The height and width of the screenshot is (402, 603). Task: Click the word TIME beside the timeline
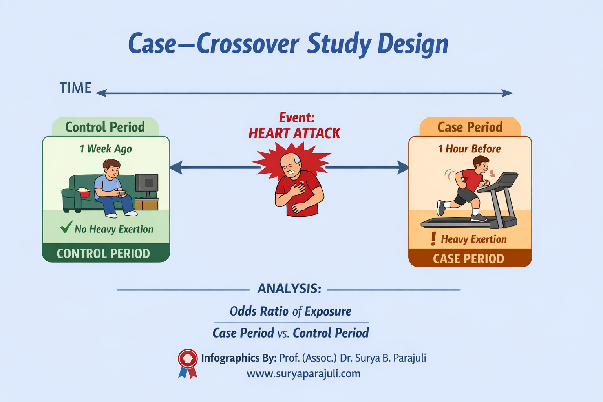pyautogui.click(x=75, y=88)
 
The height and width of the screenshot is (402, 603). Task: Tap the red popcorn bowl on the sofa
pyautogui.click(x=83, y=192)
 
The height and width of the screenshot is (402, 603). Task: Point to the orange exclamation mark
pyautogui.click(x=433, y=238)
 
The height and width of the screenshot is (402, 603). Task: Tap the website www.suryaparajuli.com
pyautogui.click(x=303, y=373)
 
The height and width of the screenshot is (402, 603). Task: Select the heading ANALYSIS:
pyautogui.click(x=289, y=289)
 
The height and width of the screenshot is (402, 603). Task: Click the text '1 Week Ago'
pyautogui.click(x=106, y=149)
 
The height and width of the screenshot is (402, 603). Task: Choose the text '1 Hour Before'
pyautogui.click(x=470, y=149)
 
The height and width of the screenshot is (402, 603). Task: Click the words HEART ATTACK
pyautogui.click(x=294, y=133)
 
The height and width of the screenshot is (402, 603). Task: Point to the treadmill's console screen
pyautogui.click(x=507, y=180)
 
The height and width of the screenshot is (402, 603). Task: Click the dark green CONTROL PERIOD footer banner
pyautogui.click(x=104, y=254)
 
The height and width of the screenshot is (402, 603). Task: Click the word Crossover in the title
pyautogui.click(x=248, y=44)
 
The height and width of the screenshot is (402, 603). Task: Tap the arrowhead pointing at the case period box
pyautogui.click(x=403, y=168)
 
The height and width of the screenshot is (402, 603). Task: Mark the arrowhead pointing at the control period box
pyautogui.click(x=175, y=168)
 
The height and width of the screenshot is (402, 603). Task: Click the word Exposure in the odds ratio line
pyautogui.click(x=328, y=312)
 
